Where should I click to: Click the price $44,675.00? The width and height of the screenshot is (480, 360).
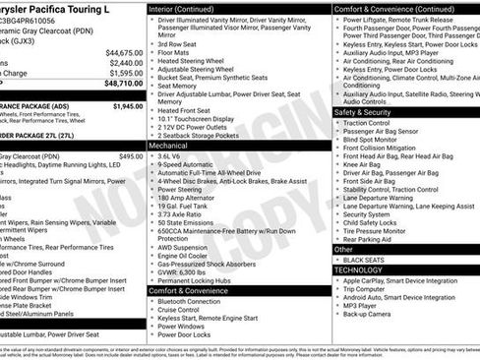click(x=124, y=52)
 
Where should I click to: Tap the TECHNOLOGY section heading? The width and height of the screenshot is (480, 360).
click(x=358, y=269)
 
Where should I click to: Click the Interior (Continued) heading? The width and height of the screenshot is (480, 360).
click(x=189, y=8)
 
